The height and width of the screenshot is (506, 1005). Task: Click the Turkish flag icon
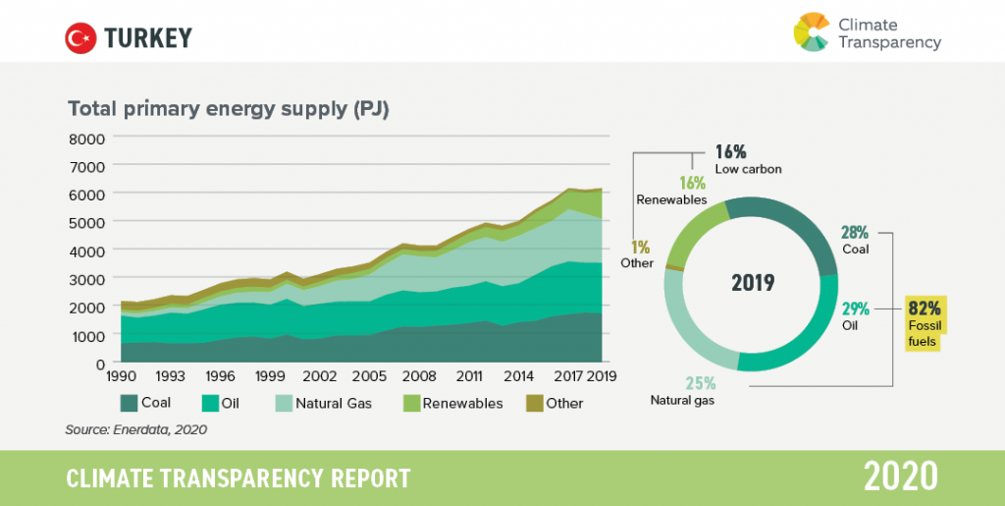coord(79,38)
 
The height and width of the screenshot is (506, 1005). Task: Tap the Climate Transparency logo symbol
coord(812,31)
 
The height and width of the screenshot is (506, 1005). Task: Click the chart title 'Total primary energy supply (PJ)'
coord(229,108)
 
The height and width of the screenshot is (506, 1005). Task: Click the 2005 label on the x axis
coord(368,376)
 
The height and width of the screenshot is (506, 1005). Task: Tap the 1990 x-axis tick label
coord(120,376)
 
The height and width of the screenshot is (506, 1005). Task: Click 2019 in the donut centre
coord(753,283)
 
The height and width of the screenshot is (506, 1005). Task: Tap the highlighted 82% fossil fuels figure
coord(927,306)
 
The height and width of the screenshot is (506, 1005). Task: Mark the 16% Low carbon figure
coord(731,151)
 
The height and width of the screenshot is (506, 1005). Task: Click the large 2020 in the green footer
coord(901,478)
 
